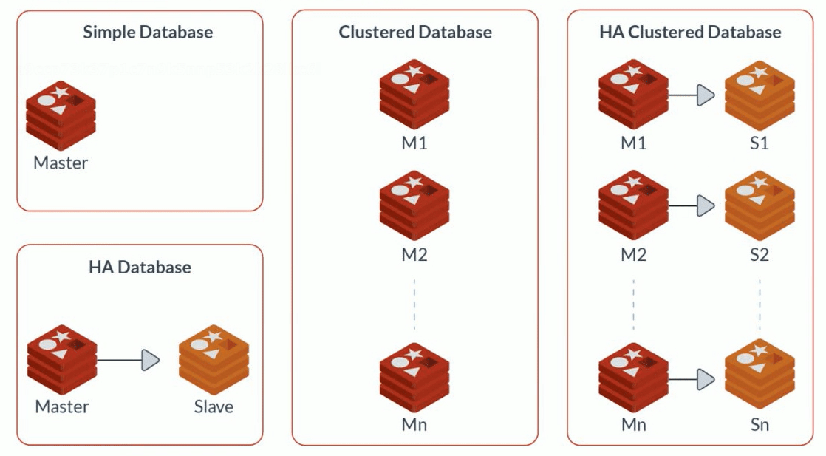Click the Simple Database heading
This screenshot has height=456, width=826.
pos(148,33)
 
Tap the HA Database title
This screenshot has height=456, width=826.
pos(140,267)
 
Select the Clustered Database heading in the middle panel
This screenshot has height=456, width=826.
pos(415,33)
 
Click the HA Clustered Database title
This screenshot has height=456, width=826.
pos(690,33)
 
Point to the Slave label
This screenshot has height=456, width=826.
pos(214,406)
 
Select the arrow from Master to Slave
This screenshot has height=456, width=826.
pos(129,361)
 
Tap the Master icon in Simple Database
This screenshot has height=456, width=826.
pos(61,115)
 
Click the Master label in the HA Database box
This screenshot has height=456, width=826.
pos(62,406)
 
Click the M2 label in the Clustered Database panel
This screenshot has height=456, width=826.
pos(414,255)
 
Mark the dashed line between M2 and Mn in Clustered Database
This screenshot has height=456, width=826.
pos(414,304)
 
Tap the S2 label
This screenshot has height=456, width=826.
pos(760,255)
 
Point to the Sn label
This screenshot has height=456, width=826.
pos(760,424)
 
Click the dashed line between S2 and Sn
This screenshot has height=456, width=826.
pos(760,304)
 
